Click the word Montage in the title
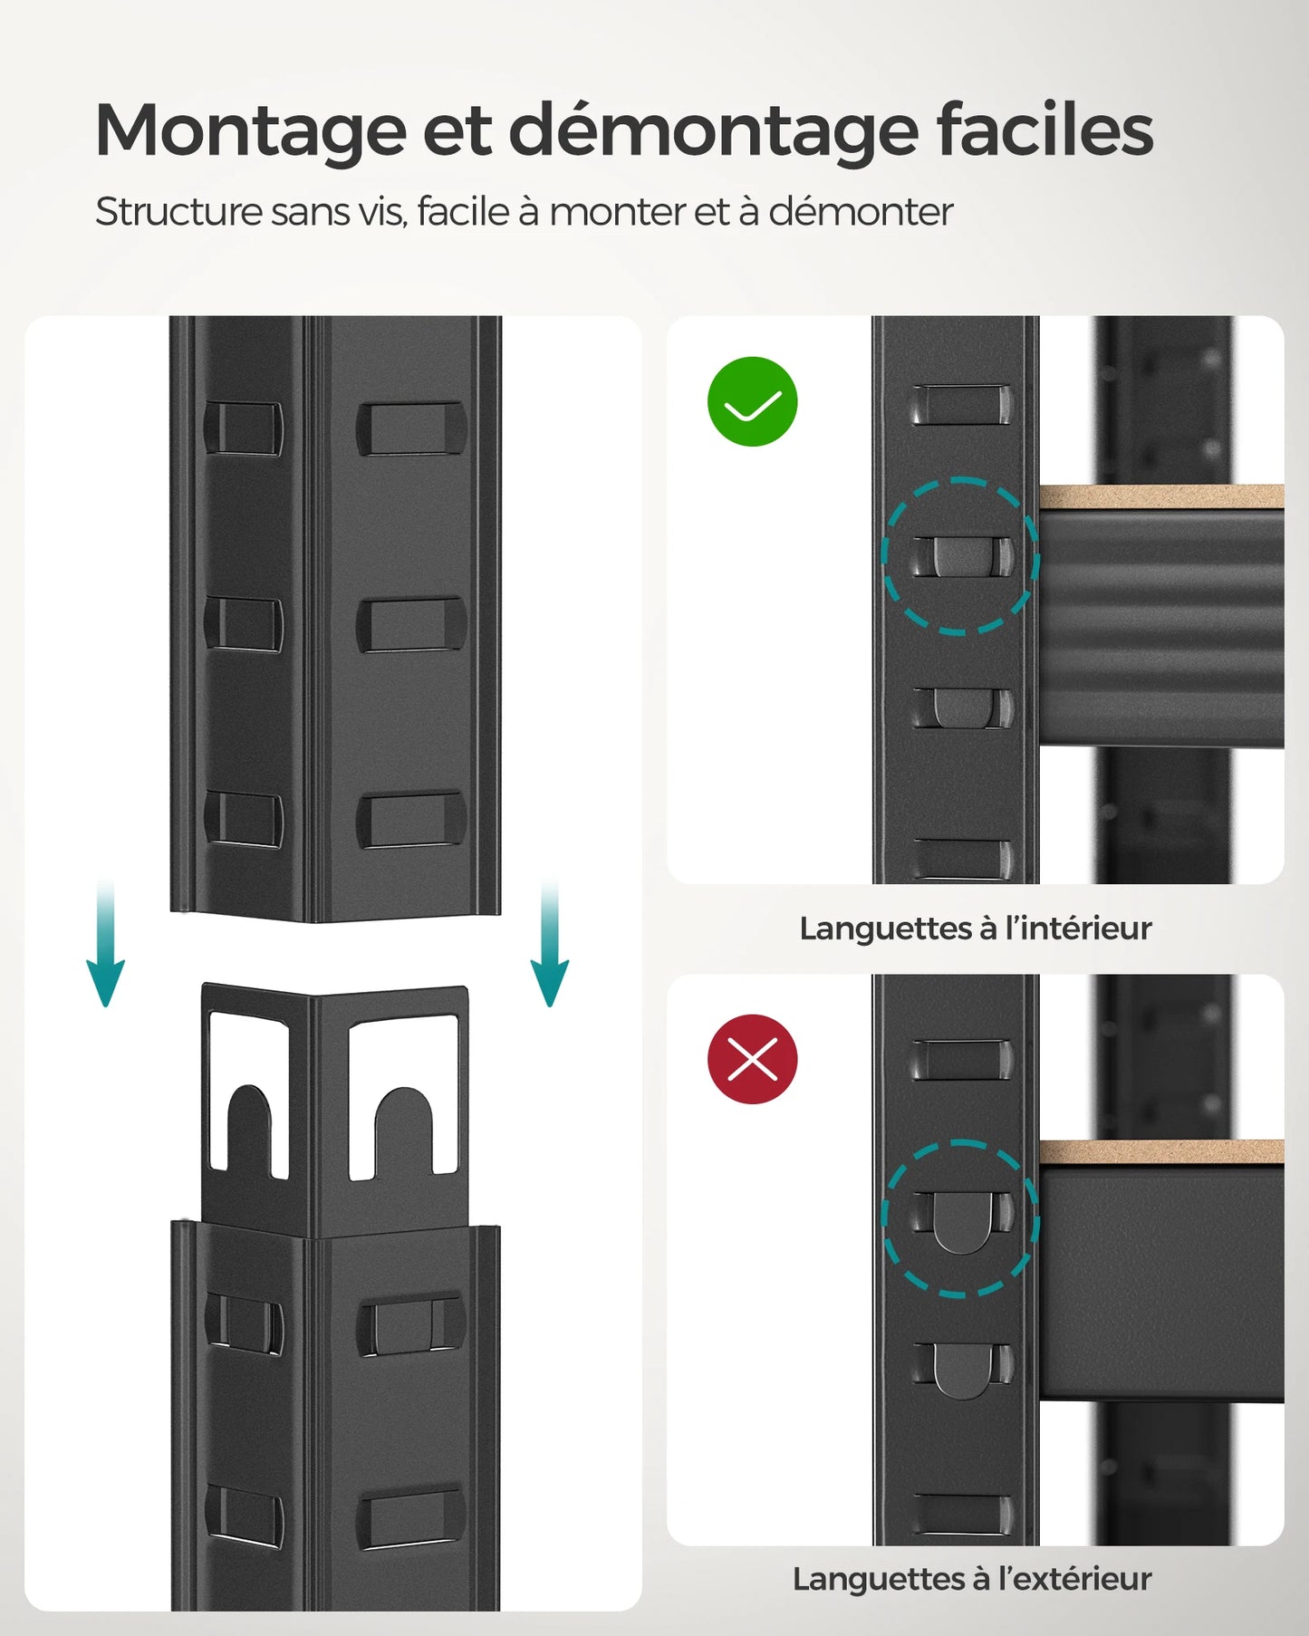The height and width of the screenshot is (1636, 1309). tap(250, 131)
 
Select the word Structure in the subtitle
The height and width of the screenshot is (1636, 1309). tap(178, 212)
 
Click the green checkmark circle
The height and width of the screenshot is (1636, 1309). tap(752, 401)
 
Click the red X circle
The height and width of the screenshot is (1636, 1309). tap(752, 1058)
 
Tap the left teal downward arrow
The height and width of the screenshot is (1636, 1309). tap(105, 947)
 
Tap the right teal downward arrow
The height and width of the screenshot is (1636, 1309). tap(549, 947)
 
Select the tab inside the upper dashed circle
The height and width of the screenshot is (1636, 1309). tap(961, 557)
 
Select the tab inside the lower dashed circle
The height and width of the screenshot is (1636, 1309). tap(961, 1221)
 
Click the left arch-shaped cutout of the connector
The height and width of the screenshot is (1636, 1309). tap(249, 1123)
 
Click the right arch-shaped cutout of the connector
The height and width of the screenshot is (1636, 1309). tap(404, 1123)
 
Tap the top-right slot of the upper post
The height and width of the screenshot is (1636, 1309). tap(411, 428)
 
